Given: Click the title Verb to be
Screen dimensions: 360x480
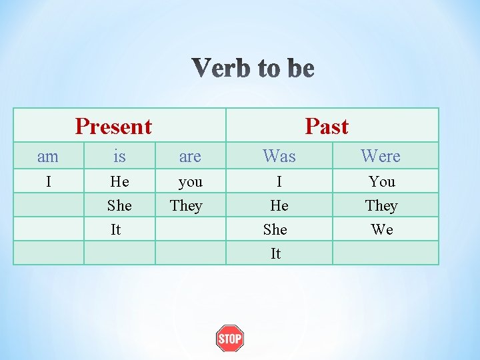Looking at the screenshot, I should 253,69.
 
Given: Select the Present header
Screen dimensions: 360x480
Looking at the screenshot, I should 113,126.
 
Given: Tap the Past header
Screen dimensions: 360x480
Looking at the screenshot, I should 327,126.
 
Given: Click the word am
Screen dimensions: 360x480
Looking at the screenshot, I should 48,157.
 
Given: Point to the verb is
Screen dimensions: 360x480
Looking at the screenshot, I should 119,157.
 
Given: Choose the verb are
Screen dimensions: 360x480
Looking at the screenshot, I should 190,157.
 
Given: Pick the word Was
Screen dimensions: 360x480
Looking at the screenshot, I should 279,156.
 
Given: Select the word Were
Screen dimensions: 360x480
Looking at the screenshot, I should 381,156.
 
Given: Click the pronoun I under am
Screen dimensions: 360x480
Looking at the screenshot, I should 48,181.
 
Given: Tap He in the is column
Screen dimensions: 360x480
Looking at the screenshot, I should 119,181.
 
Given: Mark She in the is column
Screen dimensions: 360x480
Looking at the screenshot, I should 119,205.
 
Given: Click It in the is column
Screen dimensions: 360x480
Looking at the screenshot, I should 116,229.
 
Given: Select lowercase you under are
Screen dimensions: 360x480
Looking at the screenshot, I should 190,181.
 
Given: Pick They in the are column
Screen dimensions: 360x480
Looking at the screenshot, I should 186,205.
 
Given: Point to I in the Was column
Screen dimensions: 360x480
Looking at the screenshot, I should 279,181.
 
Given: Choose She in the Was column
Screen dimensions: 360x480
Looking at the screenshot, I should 275,229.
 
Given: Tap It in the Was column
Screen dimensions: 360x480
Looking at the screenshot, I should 275,253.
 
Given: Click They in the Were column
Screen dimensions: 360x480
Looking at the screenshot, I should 381,205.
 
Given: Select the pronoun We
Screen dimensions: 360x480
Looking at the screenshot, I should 382,229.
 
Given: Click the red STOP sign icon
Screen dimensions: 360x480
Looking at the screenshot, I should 230,339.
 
